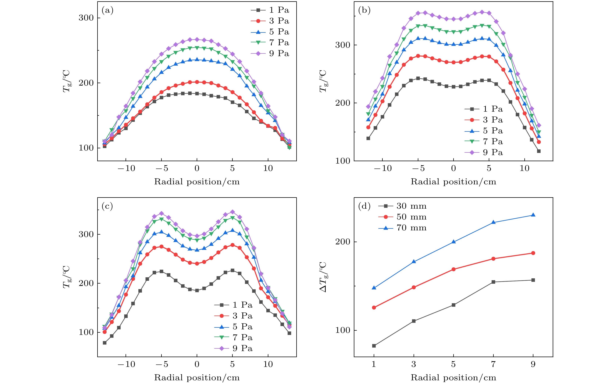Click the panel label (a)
(107, 10)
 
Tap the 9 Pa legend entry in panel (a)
(270, 53)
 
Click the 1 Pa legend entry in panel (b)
(484, 109)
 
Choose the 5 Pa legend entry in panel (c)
(233, 327)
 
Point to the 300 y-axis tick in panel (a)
(86, 18)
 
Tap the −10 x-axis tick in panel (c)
(126, 364)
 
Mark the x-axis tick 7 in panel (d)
(493, 364)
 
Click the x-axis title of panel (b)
(453, 182)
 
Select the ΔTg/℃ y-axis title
(323, 277)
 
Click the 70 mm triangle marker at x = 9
(533, 215)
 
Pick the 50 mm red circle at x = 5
(453, 269)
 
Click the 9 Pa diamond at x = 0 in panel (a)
(197, 40)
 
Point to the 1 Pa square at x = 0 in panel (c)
(197, 290)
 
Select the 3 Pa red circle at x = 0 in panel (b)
(453, 62)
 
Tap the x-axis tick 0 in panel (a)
(197, 168)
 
